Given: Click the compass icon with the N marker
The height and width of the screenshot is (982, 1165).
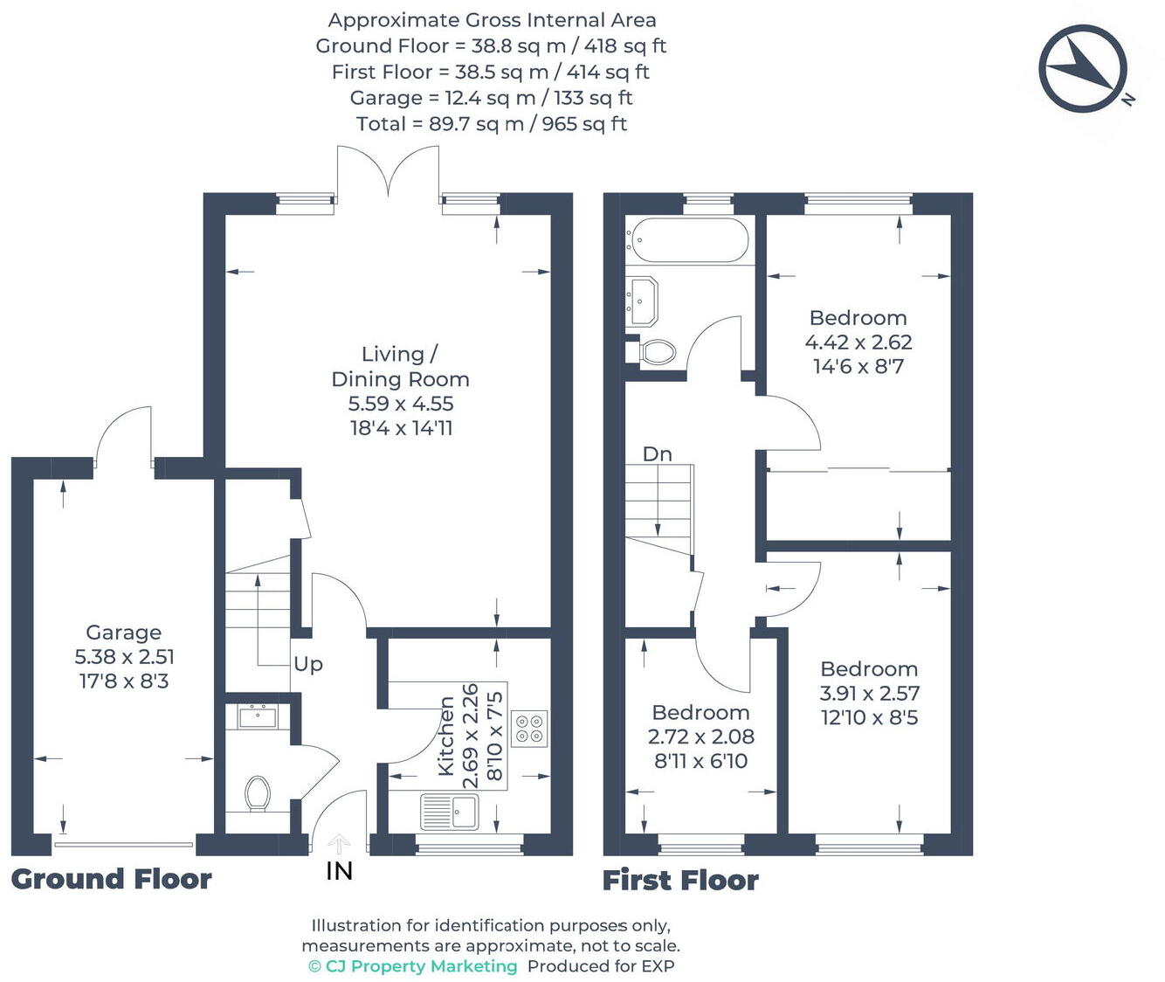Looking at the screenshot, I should pyautogui.click(x=1083, y=69).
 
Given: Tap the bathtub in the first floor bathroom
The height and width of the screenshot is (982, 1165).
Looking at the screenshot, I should pyautogui.click(x=688, y=240).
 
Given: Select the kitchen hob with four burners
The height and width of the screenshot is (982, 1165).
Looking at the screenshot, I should pyautogui.click(x=529, y=729).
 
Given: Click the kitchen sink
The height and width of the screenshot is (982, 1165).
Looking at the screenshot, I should pyautogui.click(x=450, y=811).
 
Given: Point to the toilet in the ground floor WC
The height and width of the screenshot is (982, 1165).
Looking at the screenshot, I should pyautogui.click(x=257, y=793).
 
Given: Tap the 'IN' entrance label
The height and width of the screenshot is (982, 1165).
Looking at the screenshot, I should pyautogui.click(x=339, y=870).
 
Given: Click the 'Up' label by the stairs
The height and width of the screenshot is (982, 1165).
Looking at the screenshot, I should pyautogui.click(x=307, y=664).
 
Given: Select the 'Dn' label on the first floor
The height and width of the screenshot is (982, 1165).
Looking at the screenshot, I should pyautogui.click(x=657, y=454).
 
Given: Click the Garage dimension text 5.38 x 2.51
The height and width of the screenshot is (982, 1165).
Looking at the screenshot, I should pyautogui.click(x=124, y=657).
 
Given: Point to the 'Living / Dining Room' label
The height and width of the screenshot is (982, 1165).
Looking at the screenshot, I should pyautogui.click(x=400, y=366).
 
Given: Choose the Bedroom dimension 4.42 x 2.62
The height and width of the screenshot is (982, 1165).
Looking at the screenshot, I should pyautogui.click(x=858, y=342).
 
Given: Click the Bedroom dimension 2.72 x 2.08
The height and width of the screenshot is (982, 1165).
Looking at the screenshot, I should pyautogui.click(x=700, y=736).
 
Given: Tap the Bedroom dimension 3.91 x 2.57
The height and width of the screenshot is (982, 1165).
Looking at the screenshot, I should pyautogui.click(x=869, y=694).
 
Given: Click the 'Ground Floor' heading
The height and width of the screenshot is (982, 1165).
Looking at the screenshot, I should pyautogui.click(x=111, y=879).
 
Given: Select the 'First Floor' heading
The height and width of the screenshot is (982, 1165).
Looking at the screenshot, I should pyautogui.click(x=680, y=880).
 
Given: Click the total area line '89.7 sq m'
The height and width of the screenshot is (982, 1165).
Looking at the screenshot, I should pyautogui.click(x=491, y=124).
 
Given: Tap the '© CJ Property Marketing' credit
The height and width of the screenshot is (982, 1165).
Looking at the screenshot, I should pyautogui.click(x=412, y=966).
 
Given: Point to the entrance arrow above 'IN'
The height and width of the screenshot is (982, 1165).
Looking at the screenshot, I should pyautogui.click(x=339, y=844).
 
